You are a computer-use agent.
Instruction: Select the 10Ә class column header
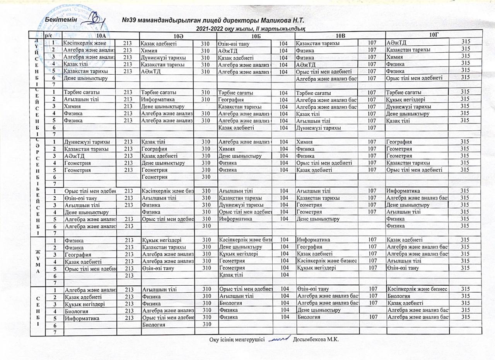178,36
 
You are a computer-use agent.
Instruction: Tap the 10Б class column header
256,36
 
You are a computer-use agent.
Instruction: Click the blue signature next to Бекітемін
93,19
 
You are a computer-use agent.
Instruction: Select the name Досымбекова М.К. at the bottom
316,339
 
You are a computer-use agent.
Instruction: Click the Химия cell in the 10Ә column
149,50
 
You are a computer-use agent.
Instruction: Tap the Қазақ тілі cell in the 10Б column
231,275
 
